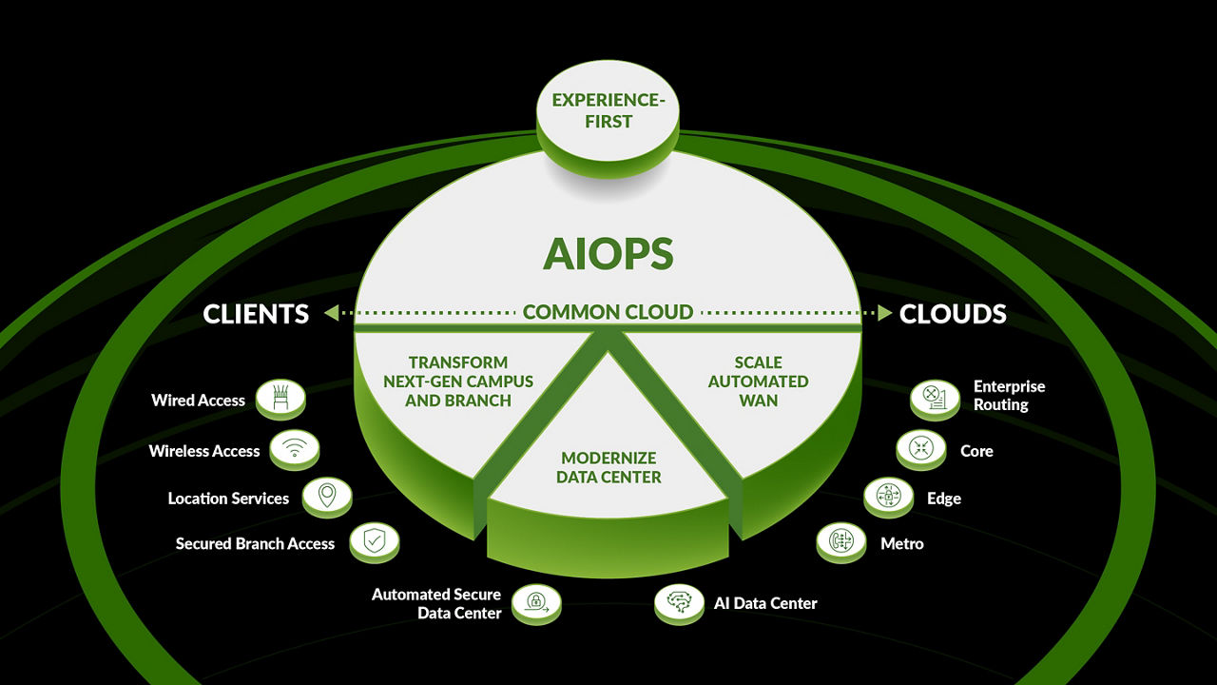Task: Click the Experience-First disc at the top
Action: [x=607, y=112]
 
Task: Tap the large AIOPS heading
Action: [x=608, y=254]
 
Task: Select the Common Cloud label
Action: [x=608, y=312]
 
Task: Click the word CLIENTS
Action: [x=256, y=314]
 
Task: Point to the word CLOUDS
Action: [x=953, y=314]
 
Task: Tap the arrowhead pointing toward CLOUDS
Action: [x=884, y=312]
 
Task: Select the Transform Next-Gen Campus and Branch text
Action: [x=458, y=381]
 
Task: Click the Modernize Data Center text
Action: [x=608, y=467]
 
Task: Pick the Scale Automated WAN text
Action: [x=758, y=381]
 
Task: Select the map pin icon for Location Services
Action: [x=326, y=496]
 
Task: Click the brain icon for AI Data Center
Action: [x=679, y=601]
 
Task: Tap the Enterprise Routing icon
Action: [x=935, y=396]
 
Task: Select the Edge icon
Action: [x=888, y=496]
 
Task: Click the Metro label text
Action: [x=902, y=543]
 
